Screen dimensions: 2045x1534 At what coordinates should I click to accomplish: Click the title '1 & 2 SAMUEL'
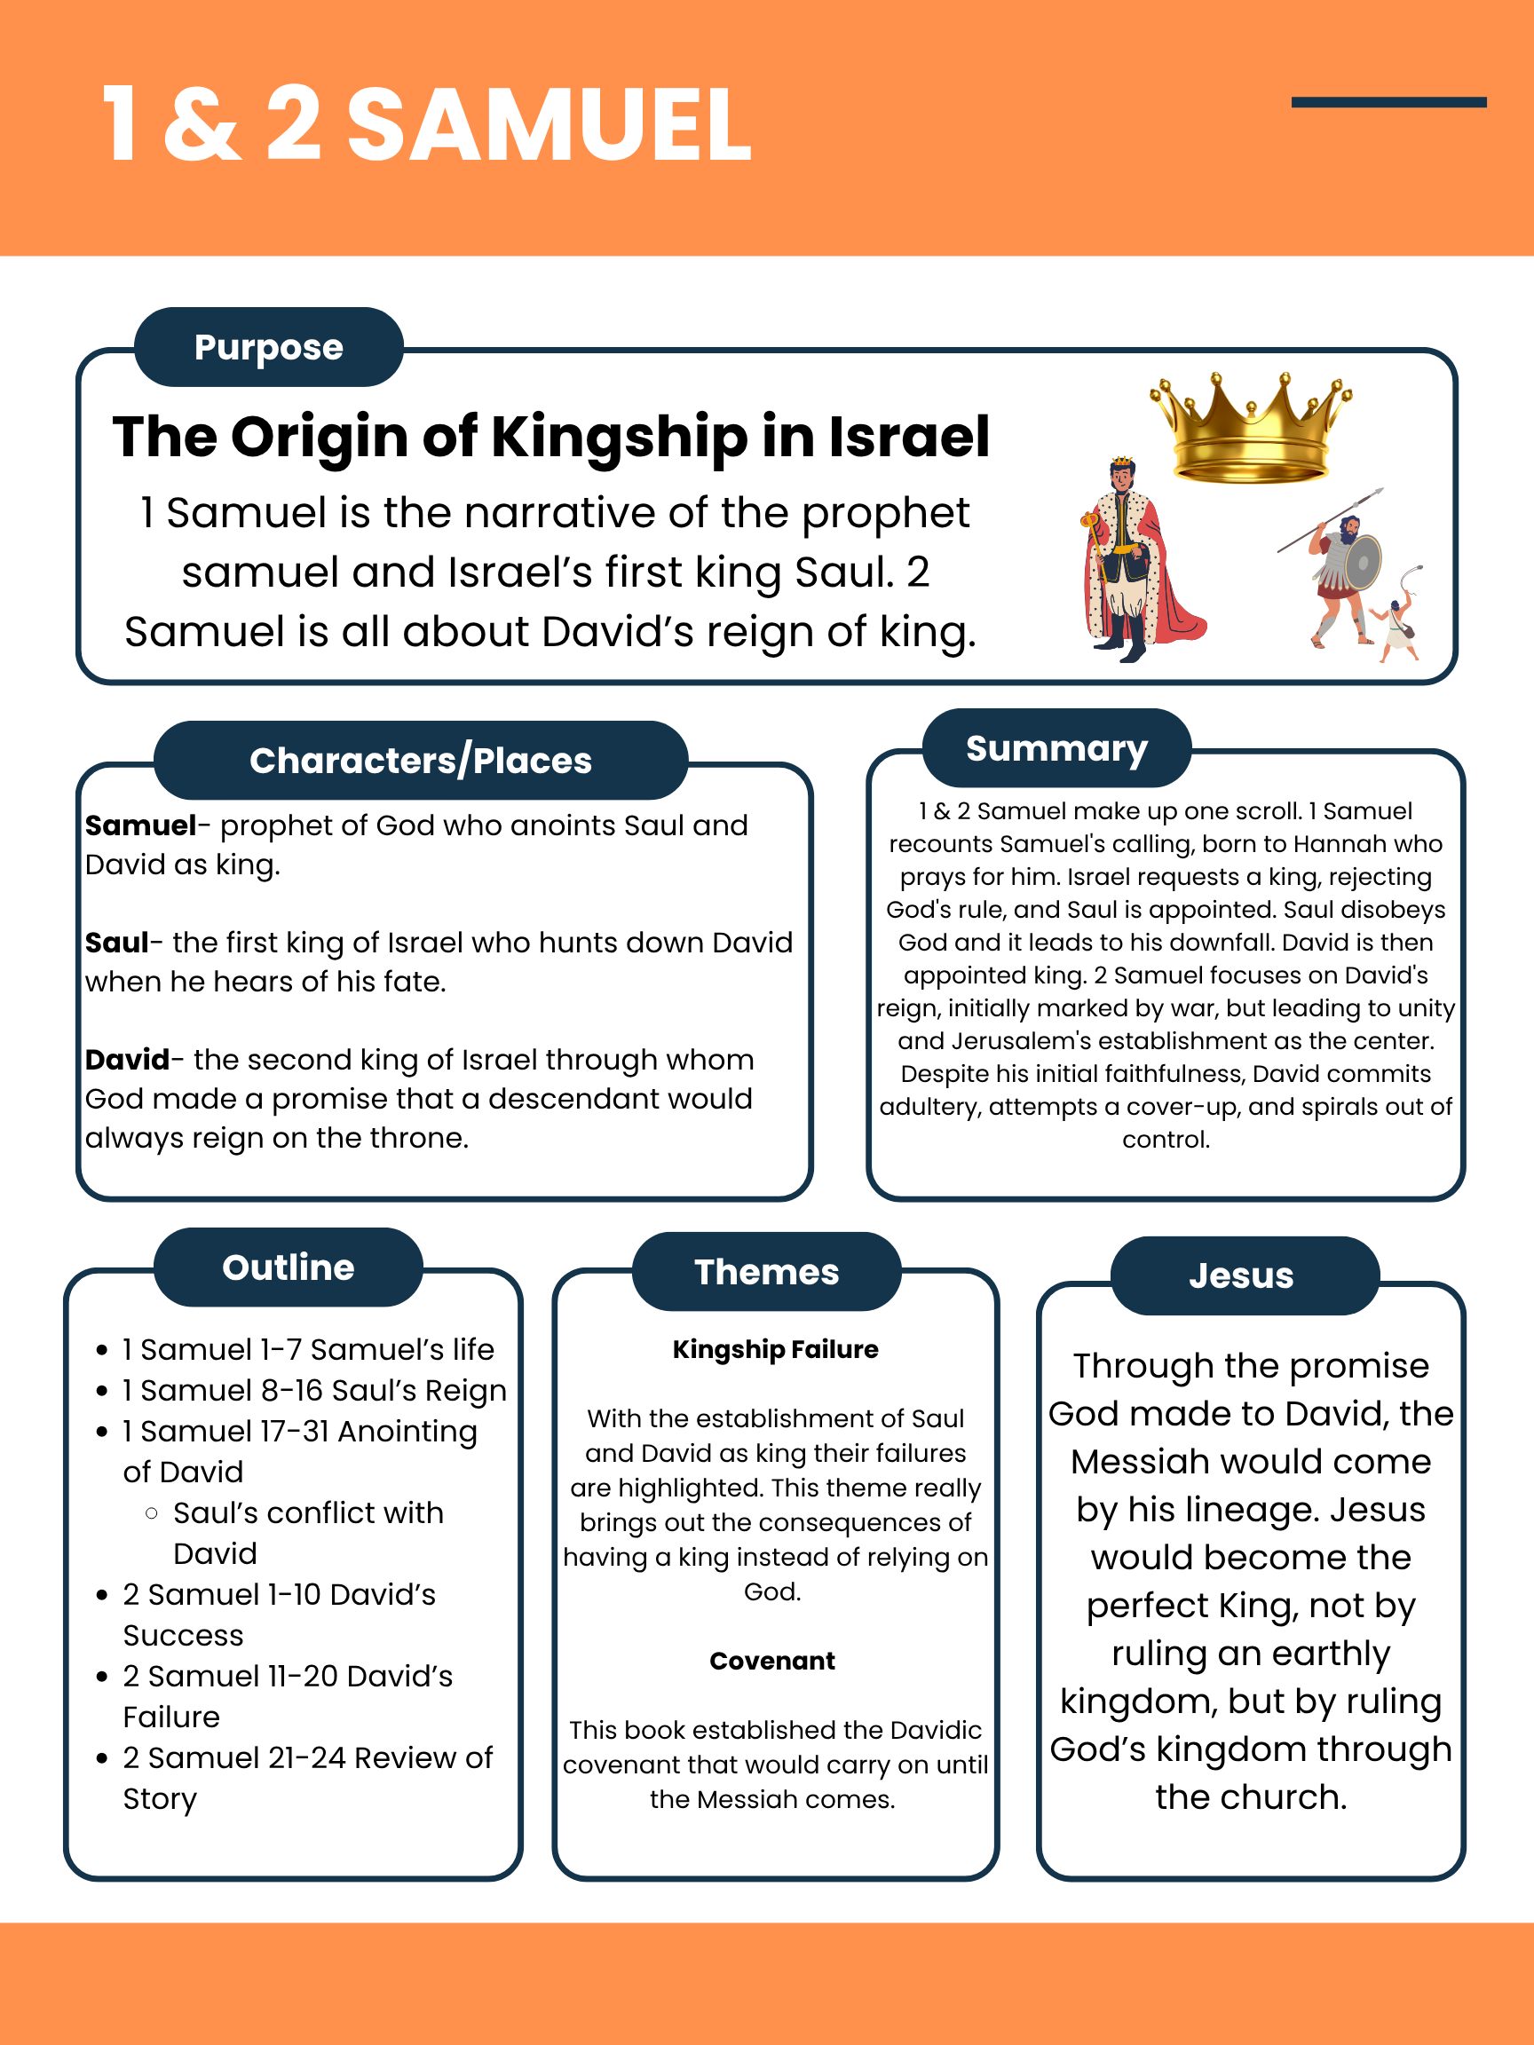pyautogui.click(x=426, y=125)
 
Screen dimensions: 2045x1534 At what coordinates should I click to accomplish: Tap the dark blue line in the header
pyautogui.click(x=1388, y=103)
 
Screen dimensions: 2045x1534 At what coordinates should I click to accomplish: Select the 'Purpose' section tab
pyautogui.click(x=268, y=348)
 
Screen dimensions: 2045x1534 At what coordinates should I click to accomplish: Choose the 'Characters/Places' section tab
pyautogui.click(x=421, y=761)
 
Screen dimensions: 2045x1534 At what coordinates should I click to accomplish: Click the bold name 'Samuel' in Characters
pyautogui.click(x=140, y=825)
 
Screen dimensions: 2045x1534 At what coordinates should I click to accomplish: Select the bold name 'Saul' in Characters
pyautogui.click(x=116, y=943)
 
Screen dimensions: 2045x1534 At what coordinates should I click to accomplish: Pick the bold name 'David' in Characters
pyautogui.click(x=128, y=1060)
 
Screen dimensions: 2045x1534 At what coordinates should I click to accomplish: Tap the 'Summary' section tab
pyautogui.click(x=1056, y=749)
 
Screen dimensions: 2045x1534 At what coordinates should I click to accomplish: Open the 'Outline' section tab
pyautogui.click(x=288, y=1267)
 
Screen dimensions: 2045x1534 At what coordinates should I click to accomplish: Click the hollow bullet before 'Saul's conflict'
pyautogui.click(x=152, y=1513)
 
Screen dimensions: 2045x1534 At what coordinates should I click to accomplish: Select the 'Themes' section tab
pyautogui.click(x=766, y=1272)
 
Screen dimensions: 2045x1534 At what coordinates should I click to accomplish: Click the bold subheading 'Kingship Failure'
pyautogui.click(x=775, y=1350)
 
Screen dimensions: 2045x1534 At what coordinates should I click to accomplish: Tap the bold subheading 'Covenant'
pyautogui.click(x=772, y=1662)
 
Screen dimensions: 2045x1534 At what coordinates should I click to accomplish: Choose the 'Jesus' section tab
pyautogui.click(x=1241, y=1275)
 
